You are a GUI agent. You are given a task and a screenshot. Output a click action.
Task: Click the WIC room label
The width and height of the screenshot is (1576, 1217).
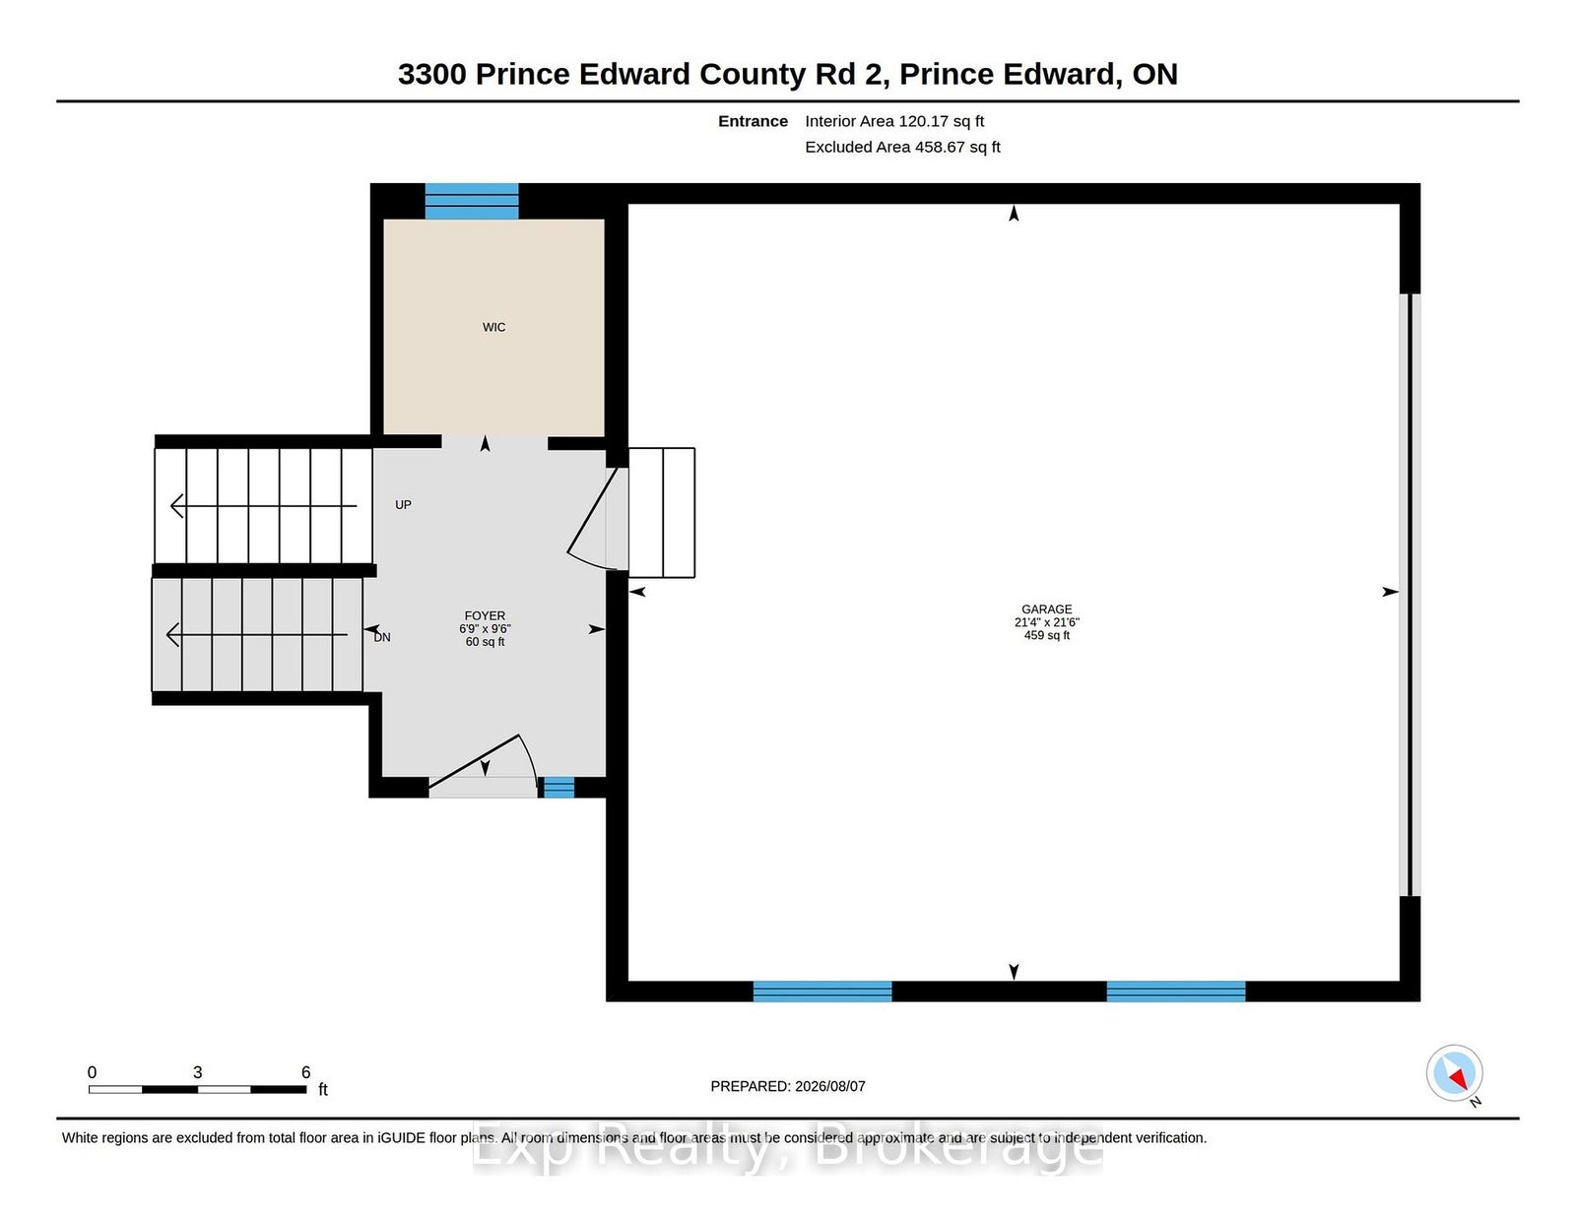(493, 327)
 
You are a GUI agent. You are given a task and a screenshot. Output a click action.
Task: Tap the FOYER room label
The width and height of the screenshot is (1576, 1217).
(485, 615)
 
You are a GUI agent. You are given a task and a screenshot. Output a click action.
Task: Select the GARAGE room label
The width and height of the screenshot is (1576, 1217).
(1046, 608)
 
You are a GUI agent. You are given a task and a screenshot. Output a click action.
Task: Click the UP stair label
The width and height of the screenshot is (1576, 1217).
(403, 504)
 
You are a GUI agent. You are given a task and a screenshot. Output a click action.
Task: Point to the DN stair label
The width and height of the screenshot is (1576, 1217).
(382, 637)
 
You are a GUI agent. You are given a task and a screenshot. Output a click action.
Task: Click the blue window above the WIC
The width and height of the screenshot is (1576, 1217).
(472, 201)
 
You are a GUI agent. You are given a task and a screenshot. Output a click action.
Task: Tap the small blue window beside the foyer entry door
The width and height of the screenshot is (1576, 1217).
(558, 787)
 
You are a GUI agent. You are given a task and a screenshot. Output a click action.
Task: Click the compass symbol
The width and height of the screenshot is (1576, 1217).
(1454, 1073)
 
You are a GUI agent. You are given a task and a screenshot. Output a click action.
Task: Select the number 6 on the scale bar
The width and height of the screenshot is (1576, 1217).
(305, 1072)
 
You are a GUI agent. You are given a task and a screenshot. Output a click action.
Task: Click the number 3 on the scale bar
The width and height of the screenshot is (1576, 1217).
(197, 1072)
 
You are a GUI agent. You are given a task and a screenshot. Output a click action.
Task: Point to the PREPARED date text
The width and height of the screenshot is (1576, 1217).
(788, 1086)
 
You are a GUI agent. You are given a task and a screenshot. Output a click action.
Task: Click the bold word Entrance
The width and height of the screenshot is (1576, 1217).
(753, 121)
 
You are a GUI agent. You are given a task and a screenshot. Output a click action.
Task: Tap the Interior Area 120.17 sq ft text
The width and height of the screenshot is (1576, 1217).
(894, 121)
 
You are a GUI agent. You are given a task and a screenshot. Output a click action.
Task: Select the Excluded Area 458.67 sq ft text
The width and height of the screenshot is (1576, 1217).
(902, 147)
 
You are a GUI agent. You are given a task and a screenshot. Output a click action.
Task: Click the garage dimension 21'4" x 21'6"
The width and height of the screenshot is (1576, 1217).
(1046, 622)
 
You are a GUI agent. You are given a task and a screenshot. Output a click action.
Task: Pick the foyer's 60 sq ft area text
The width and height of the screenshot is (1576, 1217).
(485, 641)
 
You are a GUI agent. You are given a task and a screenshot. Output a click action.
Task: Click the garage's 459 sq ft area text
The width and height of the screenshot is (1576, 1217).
(1046, 635)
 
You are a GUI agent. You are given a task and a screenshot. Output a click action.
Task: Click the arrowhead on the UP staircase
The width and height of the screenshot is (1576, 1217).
(177, 505)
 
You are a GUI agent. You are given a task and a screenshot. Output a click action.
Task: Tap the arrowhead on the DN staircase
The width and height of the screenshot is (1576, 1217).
(172, 635)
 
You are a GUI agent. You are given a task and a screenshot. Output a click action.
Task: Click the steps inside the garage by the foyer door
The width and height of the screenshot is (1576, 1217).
(662, 512)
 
